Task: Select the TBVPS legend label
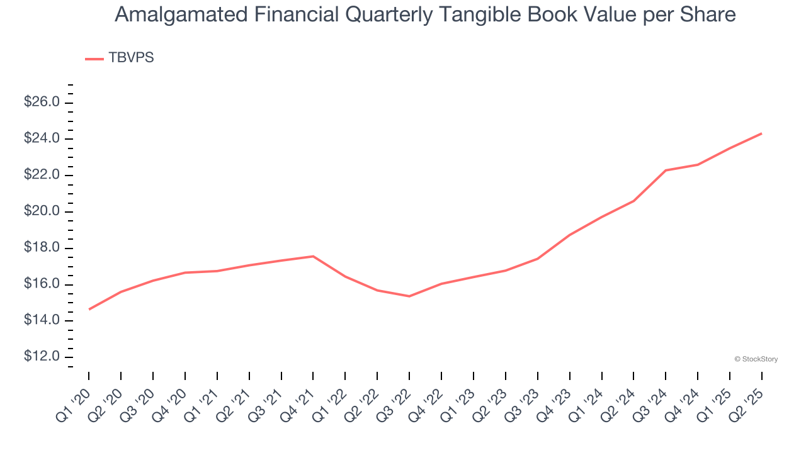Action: tap(131, 58)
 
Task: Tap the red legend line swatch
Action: tap(94, 59)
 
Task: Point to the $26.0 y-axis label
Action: tap(42, 102)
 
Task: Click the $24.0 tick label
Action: tap(42, 138)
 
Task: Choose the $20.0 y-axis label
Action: tap(42, 211)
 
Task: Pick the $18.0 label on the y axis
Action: tap(42, 248)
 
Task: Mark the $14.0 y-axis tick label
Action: tap(42, 321)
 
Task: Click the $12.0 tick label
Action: tap(42, 357)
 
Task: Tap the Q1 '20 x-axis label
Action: tap(74, 404)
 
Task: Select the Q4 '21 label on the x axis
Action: tap(298, 404)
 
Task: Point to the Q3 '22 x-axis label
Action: tap(394, 404)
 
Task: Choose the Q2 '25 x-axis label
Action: tap(747, 404)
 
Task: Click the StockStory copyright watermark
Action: tap(756, 359)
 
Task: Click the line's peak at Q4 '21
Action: tap(313, 256)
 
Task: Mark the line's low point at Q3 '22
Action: tap(409, 296)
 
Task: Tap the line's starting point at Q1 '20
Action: tap(89, 310)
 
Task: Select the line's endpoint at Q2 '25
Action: tap(761, 133)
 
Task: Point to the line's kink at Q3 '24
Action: tap(666, 171)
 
